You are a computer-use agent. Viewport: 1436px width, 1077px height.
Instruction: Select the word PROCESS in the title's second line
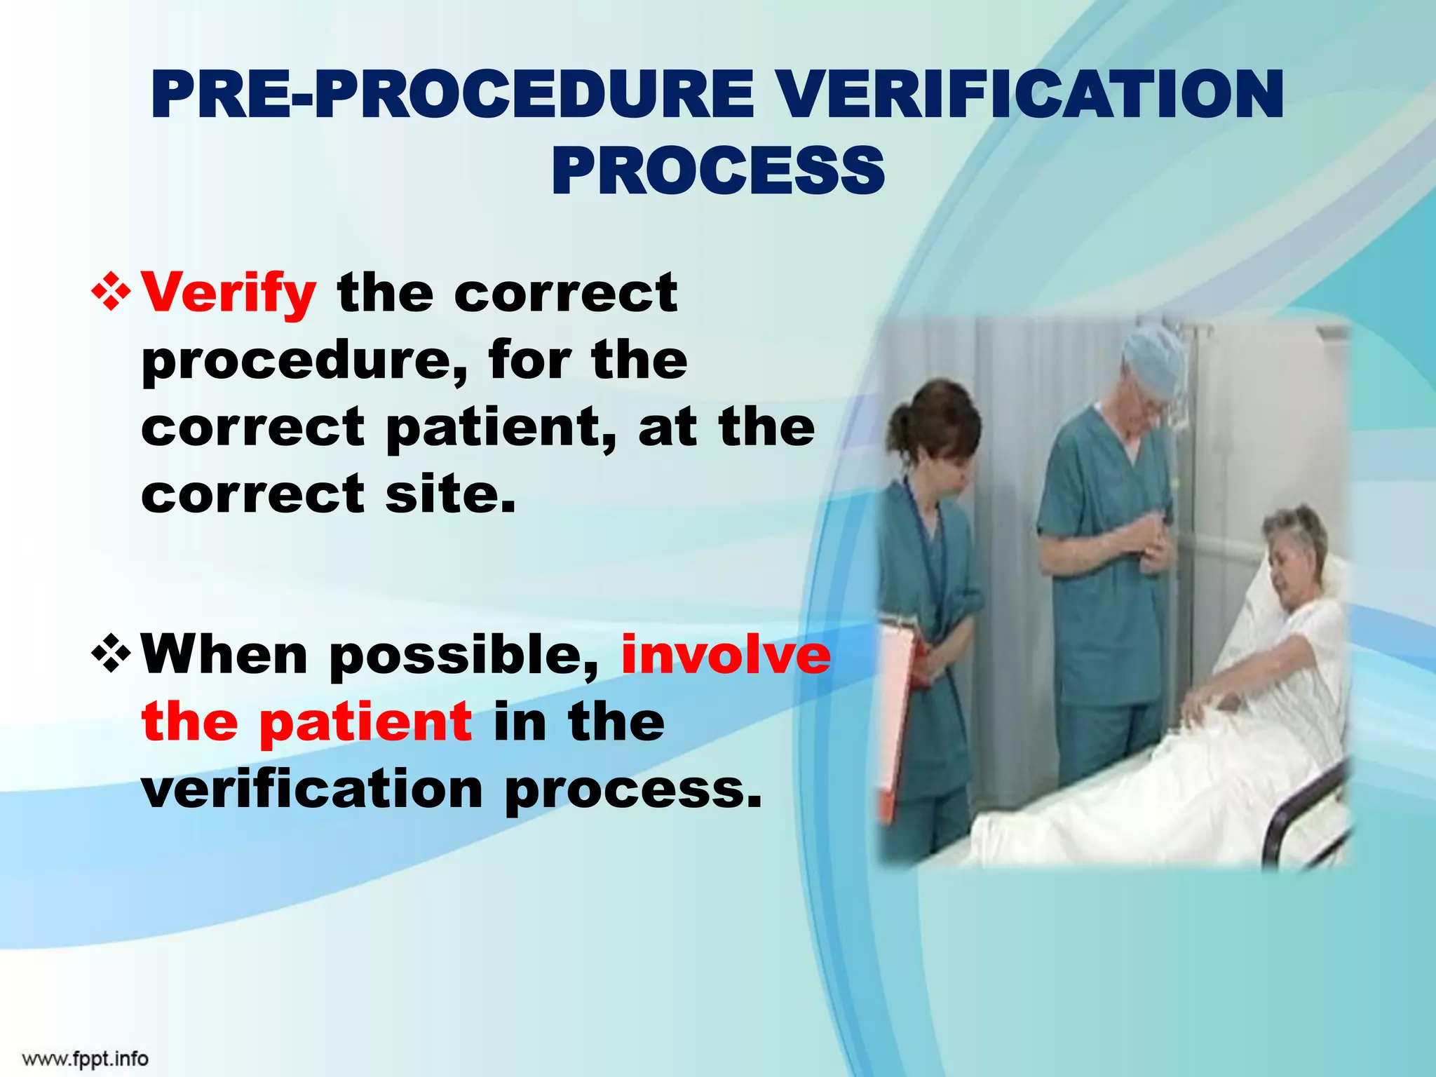point(717,172)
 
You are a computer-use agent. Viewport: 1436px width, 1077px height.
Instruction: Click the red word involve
point(726,654)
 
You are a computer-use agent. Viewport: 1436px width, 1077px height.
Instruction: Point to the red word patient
point(365,722)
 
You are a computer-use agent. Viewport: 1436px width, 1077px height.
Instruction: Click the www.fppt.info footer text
point(85,1058)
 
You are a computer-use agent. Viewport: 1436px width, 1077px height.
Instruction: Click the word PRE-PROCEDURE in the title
point(452,96)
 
